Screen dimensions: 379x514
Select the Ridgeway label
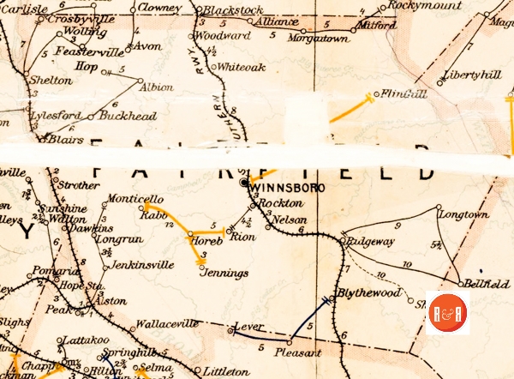[x=373, y=243]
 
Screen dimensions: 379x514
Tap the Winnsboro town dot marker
[x=244, y=183]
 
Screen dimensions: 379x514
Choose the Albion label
[x=157, y=87]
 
